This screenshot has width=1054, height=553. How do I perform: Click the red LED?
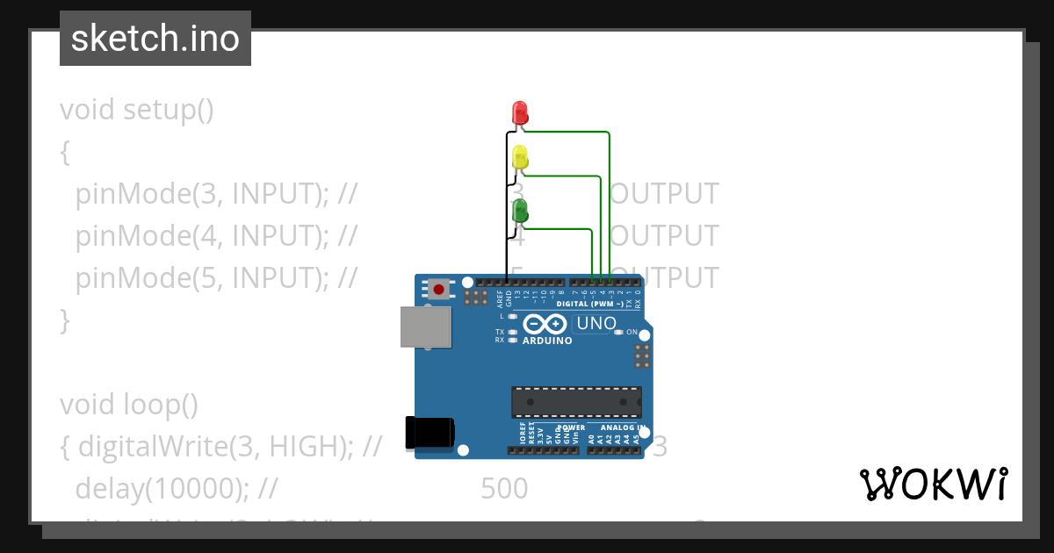[x=519, y=112]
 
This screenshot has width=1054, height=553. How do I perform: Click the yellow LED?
[x=519, y=157]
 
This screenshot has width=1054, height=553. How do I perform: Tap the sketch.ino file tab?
[x=155, y=39]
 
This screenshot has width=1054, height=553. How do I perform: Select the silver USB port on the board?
[x=426, y=327]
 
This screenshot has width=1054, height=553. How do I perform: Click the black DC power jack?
[x=429, y=434]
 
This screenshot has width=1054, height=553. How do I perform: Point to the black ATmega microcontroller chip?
[x=576, y=402]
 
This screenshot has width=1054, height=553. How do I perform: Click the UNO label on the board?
[x=596, y=324]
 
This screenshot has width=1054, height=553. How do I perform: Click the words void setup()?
[x=137, y=111]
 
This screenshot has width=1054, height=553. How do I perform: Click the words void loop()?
[x=129, y=405]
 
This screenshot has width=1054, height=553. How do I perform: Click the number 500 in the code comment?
[x=504, y=489]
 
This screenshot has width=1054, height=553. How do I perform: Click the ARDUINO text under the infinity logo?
[x=546, y=341]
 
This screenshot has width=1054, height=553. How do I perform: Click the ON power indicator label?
[x=632, y=333]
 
